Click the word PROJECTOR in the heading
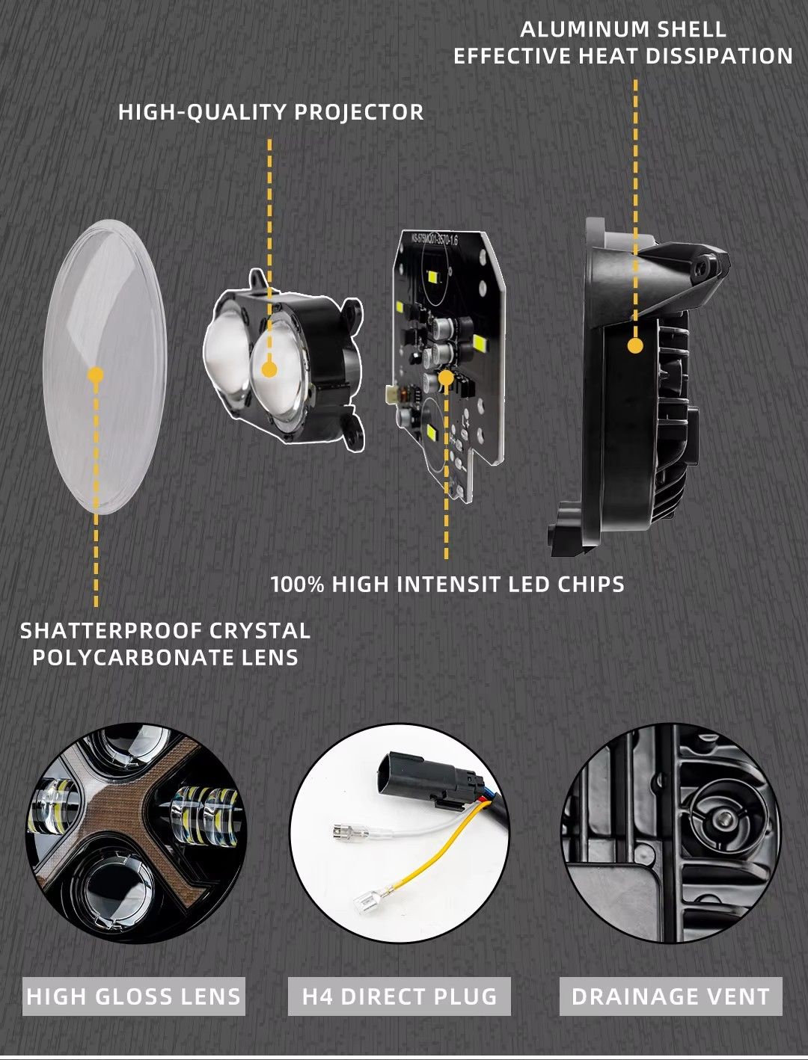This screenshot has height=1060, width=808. tap(359, 113)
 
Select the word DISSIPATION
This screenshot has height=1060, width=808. tap(719, 56)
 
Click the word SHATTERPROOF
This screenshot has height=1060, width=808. tap(111, 631)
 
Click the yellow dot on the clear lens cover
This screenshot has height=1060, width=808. tap(96, 375)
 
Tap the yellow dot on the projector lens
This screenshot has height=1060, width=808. tap(269, 369)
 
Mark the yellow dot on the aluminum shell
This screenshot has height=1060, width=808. tap(635, 346)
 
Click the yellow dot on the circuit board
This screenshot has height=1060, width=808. tap(446, 378)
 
